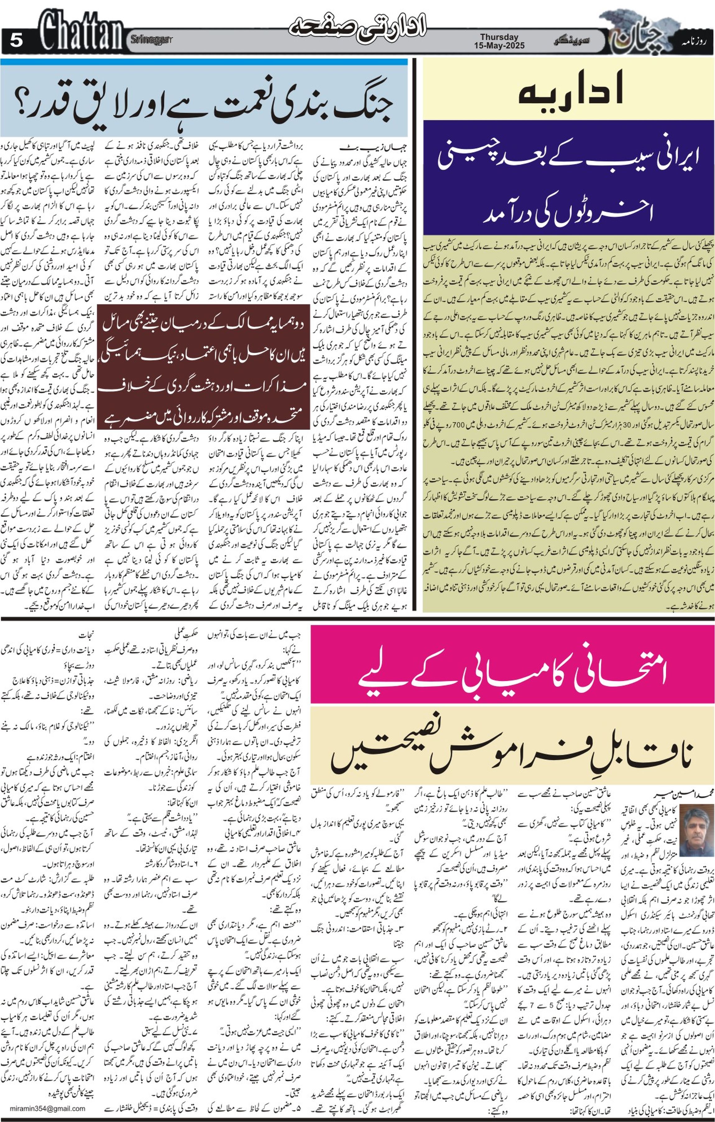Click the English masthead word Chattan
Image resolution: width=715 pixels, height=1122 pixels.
[x=81, y=33]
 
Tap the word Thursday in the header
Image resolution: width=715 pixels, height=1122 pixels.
[x=499, y=37]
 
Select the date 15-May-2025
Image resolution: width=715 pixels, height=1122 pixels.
[x=499, y=46]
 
